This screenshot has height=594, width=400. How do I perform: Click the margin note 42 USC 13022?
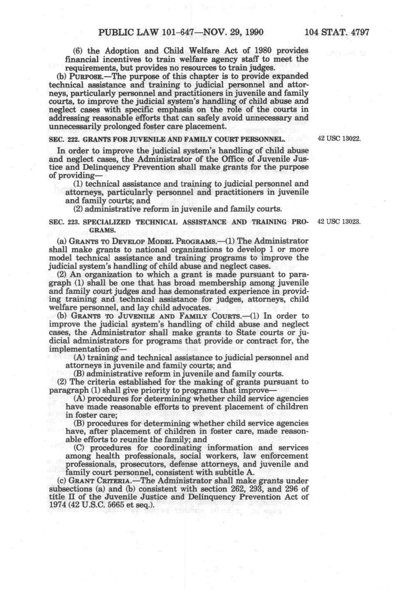(339, 139)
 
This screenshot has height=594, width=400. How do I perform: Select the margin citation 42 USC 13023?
(339, 222)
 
